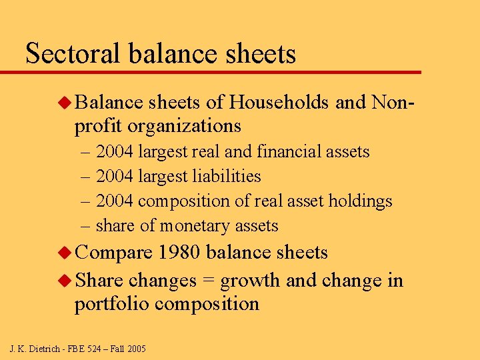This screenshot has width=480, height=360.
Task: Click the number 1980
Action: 180,253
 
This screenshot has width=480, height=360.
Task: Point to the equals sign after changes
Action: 208,280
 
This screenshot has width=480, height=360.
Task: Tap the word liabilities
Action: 226,177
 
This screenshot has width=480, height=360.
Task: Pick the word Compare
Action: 114,253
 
